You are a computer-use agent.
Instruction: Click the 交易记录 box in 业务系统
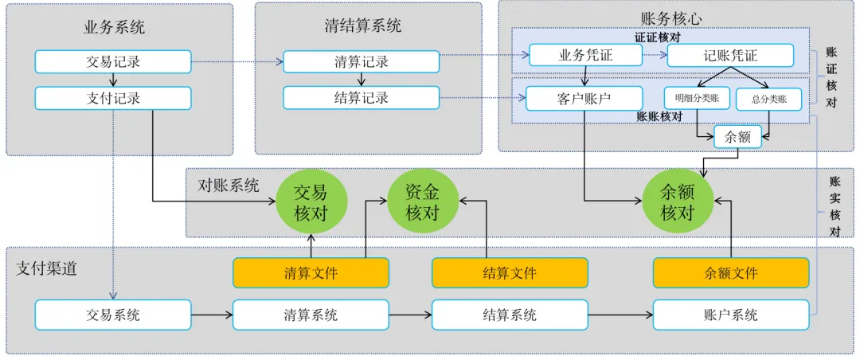(113, 61)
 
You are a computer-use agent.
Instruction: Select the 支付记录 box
(113, 98)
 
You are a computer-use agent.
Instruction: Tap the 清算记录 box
(361, 61)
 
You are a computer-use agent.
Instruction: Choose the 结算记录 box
(361, 98)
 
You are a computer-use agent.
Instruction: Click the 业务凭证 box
(585, 55)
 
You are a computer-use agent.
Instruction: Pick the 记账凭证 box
(730, 55)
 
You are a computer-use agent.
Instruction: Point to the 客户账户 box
(585, 98)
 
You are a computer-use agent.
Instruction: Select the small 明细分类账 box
(697, 99)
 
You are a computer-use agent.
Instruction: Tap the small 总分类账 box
(768, 99)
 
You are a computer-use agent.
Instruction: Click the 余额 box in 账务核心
(737, 137)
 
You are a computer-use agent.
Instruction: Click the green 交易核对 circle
(311, 202)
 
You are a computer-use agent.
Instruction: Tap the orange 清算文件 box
(311, 272)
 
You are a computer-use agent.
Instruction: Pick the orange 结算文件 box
(510, 272)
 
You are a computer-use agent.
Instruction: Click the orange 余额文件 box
(730, 272)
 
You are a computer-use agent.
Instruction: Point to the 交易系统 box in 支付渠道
(113, 315)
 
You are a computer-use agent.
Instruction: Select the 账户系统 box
(730, 315)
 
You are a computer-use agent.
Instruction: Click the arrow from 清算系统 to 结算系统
(410, 315)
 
